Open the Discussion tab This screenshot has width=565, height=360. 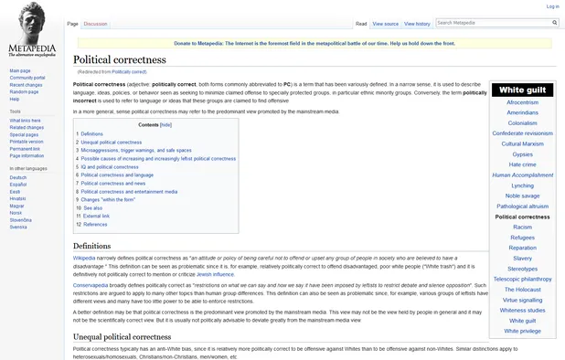tap(95, 23)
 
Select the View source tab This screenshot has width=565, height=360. tap(385, 23)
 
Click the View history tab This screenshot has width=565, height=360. tap(417, 23)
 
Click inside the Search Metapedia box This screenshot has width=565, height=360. tap(494, 22)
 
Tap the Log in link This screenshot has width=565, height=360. tap(552, 6)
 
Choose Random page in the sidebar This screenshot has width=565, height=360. tap(24, 91)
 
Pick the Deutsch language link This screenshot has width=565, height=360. tap(18, 177)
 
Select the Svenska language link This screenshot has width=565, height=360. tap(18, 226)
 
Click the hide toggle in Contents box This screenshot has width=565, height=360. tap(165, 124)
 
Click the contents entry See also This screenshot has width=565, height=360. tap(91, 207)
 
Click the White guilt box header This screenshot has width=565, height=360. tap(522, 90)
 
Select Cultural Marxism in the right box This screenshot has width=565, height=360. tap(522, 143)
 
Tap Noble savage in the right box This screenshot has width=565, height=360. tap(522, 196)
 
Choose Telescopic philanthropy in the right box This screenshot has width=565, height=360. tap(522, 279)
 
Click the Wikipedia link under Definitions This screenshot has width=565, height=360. tap(83, 259)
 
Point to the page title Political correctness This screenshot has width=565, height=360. tap(120, 59)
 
